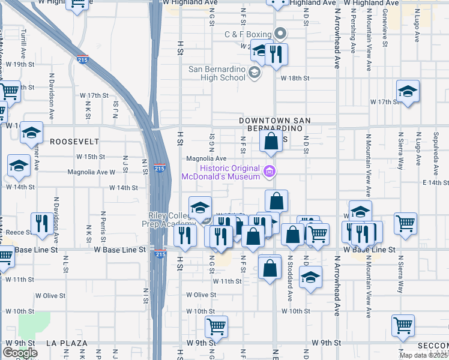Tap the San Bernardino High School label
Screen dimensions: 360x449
[217, 73]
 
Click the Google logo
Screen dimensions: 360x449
[20, 353]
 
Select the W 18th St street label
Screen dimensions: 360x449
[295, 78]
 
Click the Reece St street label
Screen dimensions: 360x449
[19, 232]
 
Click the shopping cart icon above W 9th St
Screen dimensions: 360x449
[216, 327]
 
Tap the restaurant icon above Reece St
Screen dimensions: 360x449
[41, 224]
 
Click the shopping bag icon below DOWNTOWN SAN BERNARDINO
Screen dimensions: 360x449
[271, 142]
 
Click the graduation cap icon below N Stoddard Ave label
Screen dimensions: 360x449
[310, 278]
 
